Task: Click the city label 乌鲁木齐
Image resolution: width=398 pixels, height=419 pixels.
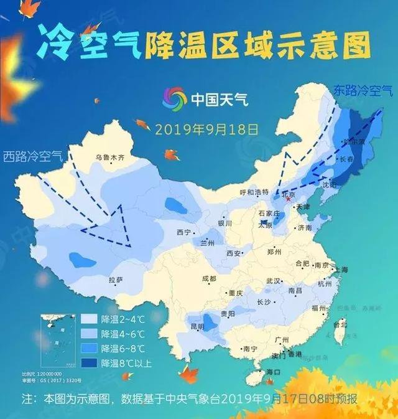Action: coord(110,158)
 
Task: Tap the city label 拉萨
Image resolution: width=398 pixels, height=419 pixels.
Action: coord(116,280)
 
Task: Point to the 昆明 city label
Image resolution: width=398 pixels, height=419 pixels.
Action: coord(197,326)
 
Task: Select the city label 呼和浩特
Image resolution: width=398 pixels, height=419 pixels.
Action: coord(254,192)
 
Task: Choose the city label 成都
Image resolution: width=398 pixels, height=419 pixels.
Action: coord(209,278)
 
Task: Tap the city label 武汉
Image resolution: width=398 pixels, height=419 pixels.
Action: coord(274,281)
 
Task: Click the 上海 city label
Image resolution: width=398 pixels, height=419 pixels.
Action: coord(340,269)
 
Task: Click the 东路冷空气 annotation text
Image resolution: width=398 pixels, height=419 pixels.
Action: coord(363,90)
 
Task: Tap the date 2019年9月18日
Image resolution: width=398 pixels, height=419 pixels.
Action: coord(206,129)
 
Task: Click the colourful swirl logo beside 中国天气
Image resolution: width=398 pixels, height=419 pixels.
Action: coord(174,98)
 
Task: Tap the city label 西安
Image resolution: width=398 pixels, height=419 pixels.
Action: coord(234,253)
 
